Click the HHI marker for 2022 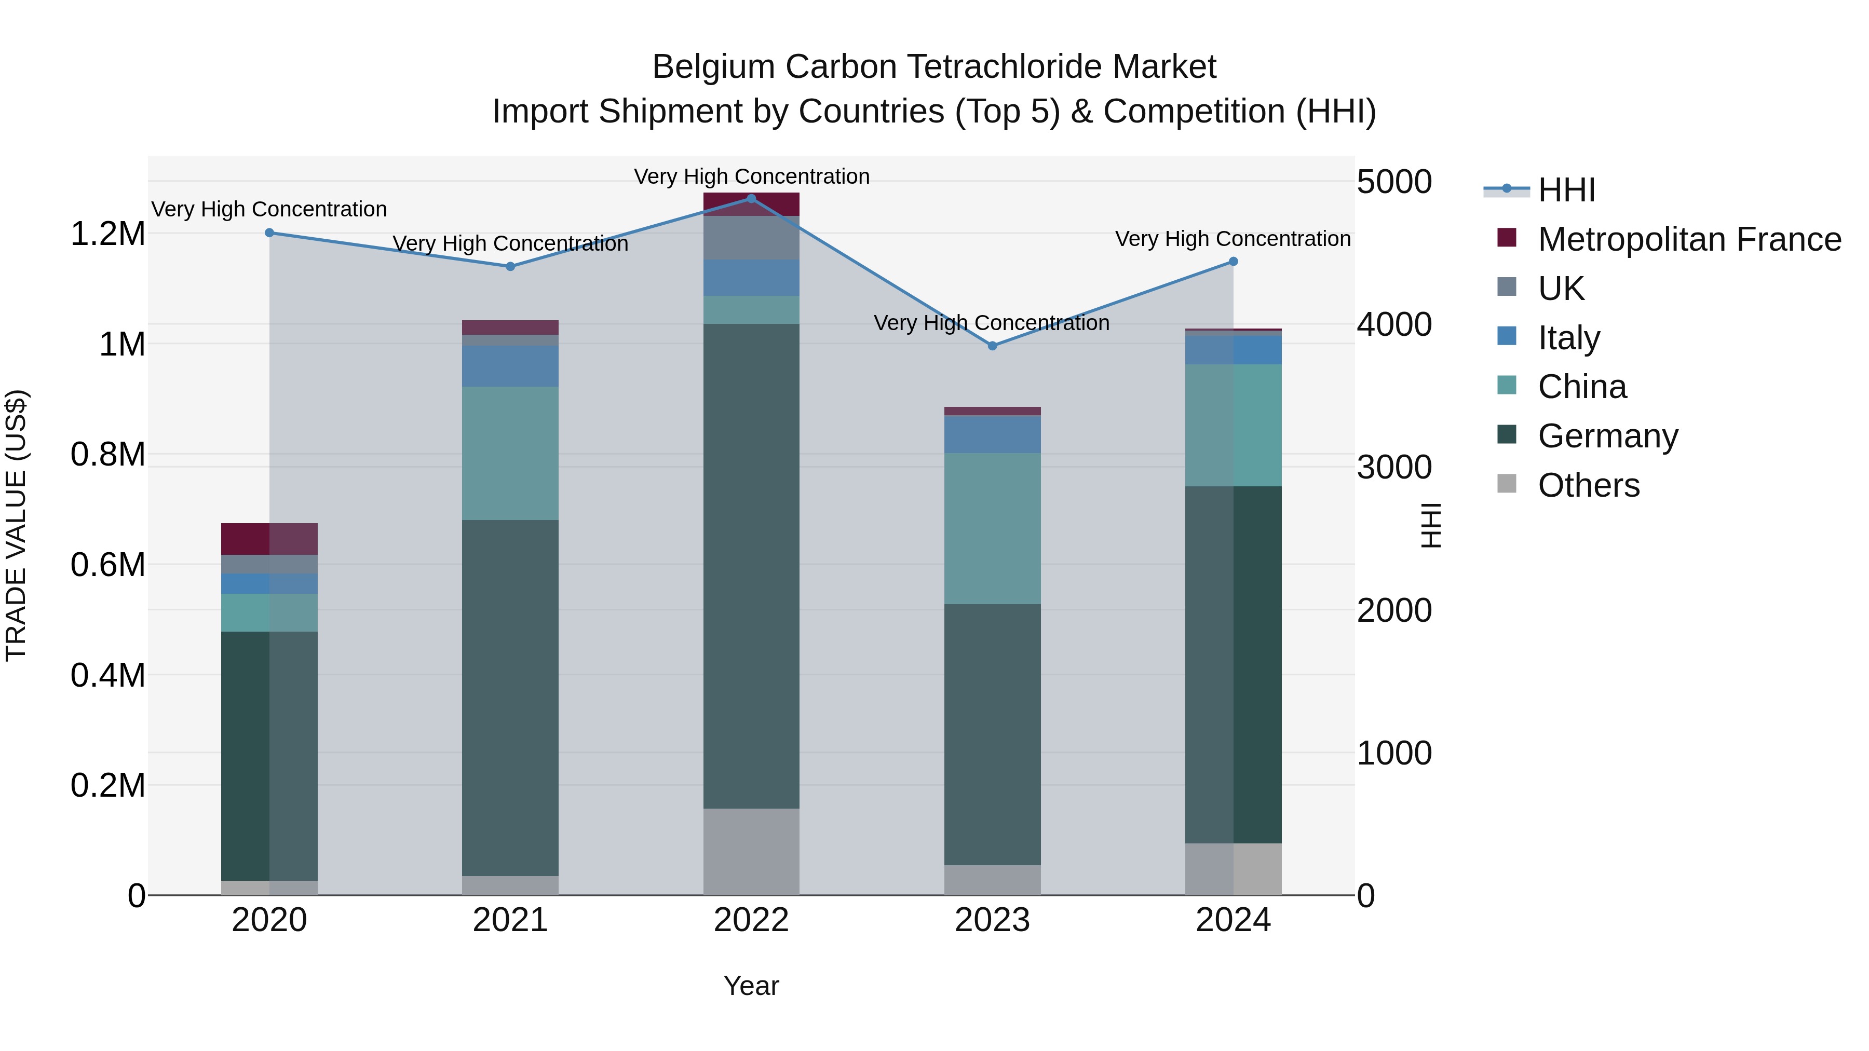(x=751, y=199)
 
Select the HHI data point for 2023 (x=993, y=346)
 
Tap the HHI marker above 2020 (x=269, y=233)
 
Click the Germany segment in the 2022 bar (x=751, y=566)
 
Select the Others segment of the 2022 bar (x=751, y=852)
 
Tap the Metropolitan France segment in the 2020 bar (x=269, y=539)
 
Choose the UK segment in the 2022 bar (x=751, y=237)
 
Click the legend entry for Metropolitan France (x=1689, y=239)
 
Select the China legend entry (x=1582, y=387)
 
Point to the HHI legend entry (x=1566, y=190)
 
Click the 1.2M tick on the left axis (x=107, y=234)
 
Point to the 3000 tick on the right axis (x=1394, y=467)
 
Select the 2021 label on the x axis (x=510, y=920)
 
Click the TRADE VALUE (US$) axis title (x=16, y=525)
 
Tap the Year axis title (x=751, y=986)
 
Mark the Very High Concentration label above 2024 (x=1232, y=239)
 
